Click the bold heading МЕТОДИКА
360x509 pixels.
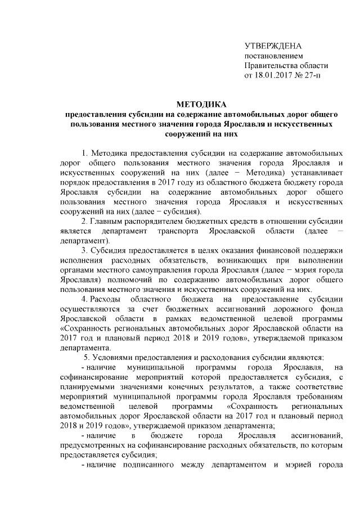tap(201, 104)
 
